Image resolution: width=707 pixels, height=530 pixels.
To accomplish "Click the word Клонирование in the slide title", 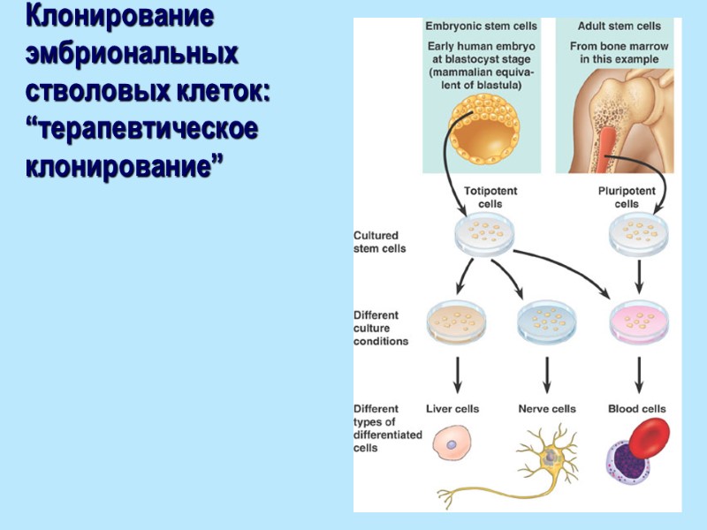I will coord(118,18).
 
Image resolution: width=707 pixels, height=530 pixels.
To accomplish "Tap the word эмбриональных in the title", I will coord(132,54).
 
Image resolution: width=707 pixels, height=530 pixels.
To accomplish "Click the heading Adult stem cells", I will coord(619,26).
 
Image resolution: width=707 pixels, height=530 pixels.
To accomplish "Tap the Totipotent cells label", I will coord(490,197).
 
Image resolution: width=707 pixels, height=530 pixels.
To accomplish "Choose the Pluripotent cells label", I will coord(627,197).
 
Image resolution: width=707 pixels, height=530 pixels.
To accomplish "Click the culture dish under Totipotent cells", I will coord(484,236).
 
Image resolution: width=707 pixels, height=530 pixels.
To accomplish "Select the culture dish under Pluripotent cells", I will coord(639,235).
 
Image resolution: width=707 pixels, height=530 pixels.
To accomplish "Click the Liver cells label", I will coord(452,409).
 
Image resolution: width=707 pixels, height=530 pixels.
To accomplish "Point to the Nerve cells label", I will coord(546,409).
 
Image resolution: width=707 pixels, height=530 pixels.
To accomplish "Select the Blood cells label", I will coord(637,409).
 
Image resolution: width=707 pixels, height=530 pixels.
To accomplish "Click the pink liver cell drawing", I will coord(452,442).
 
